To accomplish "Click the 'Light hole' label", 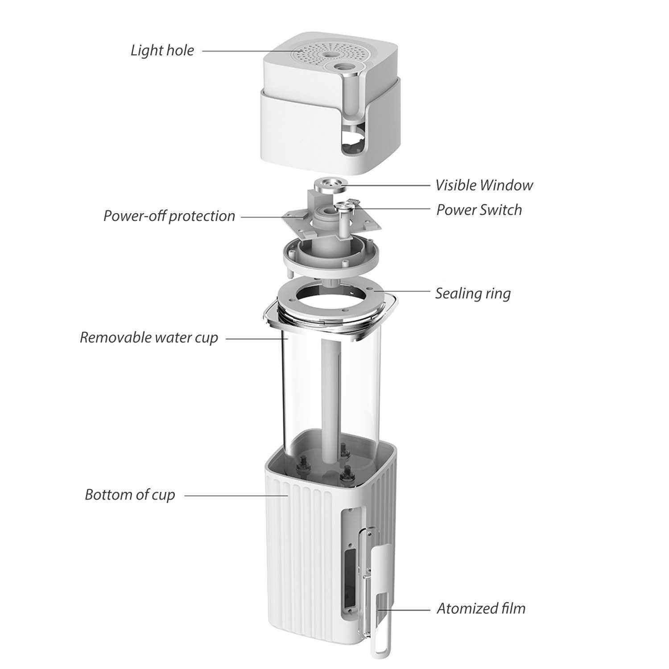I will [162, 50].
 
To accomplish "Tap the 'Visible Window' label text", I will [484, 185].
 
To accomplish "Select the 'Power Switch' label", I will [479, 210].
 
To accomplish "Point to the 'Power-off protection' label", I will [169, 216].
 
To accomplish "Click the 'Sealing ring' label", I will [473, 293].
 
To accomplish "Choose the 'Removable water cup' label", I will [149, 338].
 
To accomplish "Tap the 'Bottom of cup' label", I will [130, 495].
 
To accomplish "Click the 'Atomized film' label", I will [481, 608].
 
